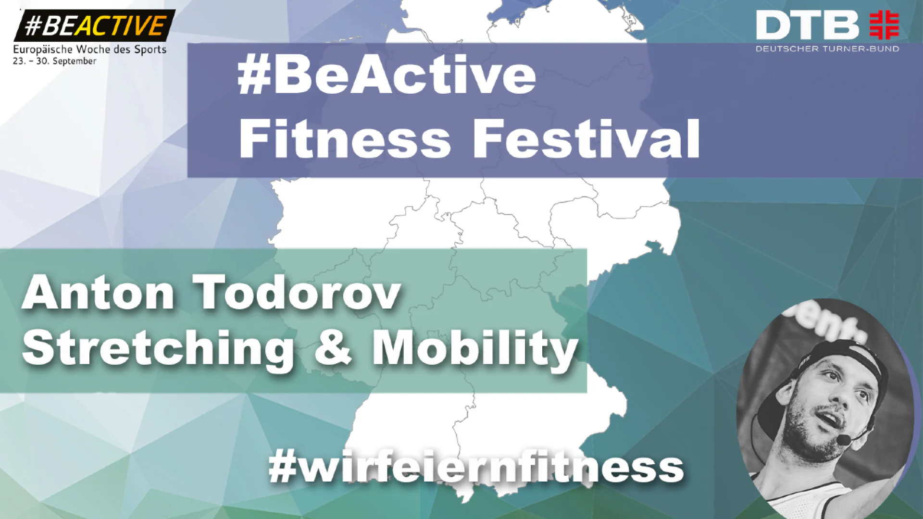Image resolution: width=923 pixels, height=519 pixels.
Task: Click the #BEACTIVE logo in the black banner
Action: (95, 25)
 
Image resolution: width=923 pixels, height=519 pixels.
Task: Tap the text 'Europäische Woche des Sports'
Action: (90, 49)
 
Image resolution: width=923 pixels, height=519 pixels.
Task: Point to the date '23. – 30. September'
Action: (54, 61)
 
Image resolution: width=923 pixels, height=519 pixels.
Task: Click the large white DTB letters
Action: (807, 26)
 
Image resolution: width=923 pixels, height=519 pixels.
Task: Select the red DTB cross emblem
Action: (884, 25)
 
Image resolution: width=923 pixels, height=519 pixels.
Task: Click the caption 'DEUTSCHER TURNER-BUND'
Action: (827, 49)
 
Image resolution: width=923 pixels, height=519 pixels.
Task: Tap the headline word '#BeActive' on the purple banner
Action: (387, 75)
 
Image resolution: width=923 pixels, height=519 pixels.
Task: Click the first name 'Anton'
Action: (98, 292)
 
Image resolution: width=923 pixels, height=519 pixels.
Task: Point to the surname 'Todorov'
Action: (297, 292)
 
